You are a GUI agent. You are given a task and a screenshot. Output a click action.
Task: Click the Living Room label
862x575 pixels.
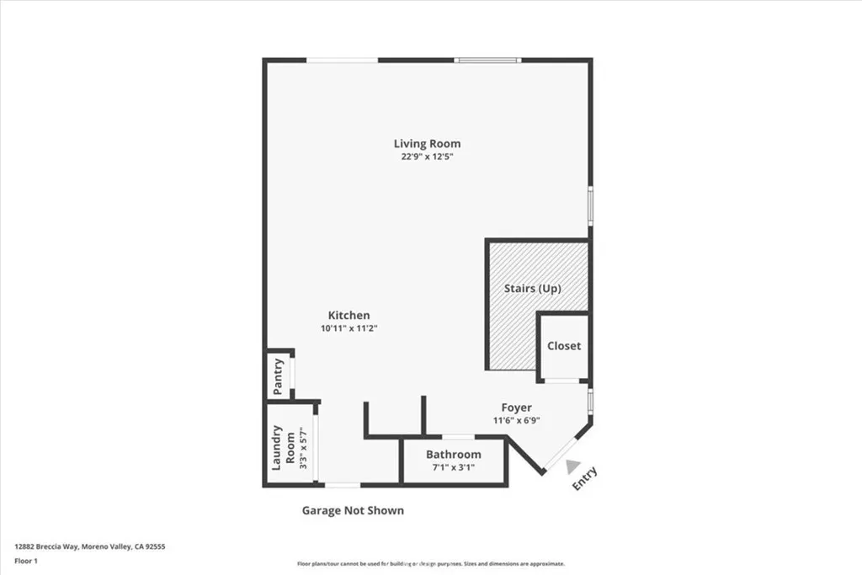(x=427, y=143)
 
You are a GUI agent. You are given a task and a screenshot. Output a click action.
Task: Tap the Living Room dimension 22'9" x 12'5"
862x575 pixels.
(x=427, y=157)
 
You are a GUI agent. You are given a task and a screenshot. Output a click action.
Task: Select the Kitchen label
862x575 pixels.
(x=349, y=315)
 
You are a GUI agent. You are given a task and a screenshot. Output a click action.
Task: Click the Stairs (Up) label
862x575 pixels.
(x=532, y=288)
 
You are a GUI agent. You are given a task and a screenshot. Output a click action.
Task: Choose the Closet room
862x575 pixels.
(x=563, y=346)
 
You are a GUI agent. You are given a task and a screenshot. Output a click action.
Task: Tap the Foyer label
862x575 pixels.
(x=516, y=407)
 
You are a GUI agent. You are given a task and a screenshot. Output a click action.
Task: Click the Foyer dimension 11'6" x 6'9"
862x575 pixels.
(x=516, y=420)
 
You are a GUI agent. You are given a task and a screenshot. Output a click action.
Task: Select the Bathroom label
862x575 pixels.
(x=453, y=454)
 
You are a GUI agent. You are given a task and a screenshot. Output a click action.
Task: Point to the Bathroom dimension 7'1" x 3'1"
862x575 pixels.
(x=453, y=466)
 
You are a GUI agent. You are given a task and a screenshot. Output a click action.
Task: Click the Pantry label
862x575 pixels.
(x=278, y=377)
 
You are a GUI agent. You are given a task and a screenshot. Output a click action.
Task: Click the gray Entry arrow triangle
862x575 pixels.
(x=572, y=466)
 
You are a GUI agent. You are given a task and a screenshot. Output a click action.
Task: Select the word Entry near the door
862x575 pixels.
(x=584, y=478)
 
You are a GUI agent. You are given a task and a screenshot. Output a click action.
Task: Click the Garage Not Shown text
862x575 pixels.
(x=353, y=510)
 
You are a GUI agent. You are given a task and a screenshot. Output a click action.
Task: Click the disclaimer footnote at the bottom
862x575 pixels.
(x=430, y=564)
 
